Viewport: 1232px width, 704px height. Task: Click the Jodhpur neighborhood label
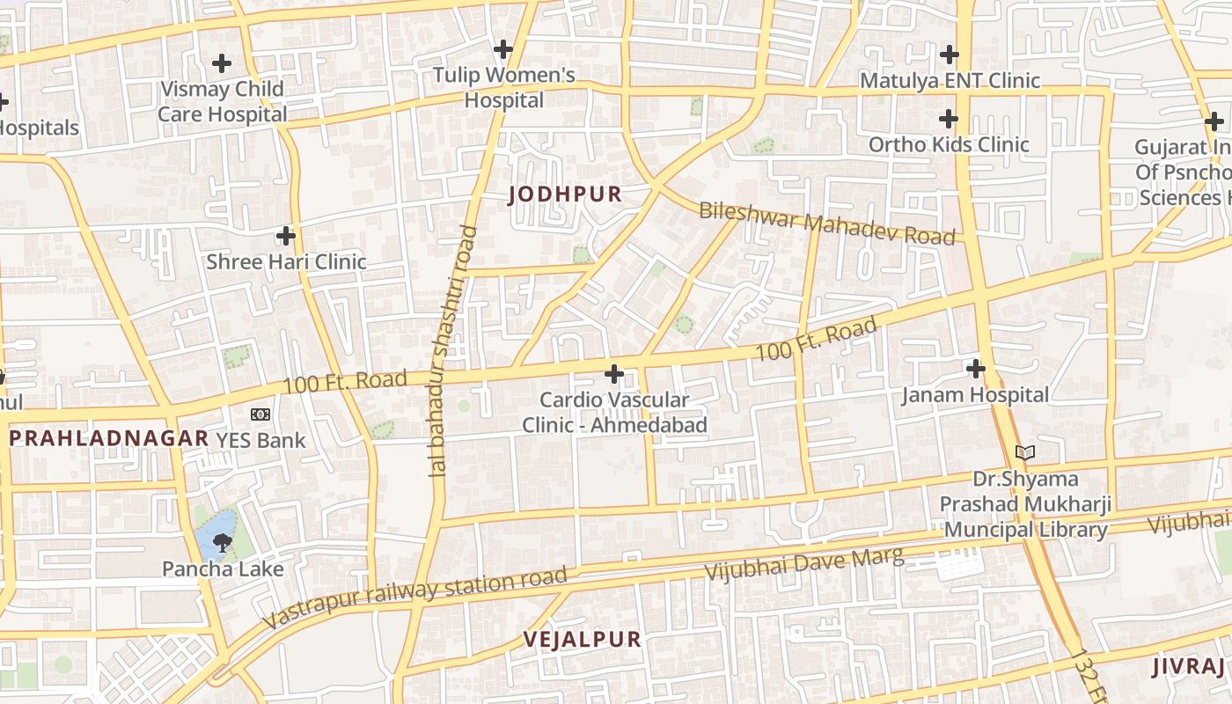(565, 194)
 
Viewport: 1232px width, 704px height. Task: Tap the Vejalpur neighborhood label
(582, 640)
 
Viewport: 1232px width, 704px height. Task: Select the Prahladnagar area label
(109, 438)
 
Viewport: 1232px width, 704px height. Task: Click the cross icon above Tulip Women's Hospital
(503, 49)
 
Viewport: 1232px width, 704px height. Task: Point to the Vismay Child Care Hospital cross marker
(222, 63)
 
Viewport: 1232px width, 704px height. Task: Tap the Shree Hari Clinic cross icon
(286, 236)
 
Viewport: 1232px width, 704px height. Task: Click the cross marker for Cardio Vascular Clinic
(614, 375)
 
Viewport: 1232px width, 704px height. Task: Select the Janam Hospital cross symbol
(975, 369)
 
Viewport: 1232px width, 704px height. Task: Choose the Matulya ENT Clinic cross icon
(949, 55)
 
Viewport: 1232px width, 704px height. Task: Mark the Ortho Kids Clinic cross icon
(948, 119)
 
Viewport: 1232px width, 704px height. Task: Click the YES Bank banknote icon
(260, 414)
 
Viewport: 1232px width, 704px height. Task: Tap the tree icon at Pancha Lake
(222, 543)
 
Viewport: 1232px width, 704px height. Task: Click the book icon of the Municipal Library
(1024, 453)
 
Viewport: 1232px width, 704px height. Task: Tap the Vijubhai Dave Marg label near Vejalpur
(803, 562)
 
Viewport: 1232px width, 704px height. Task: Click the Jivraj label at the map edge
(1188, 666)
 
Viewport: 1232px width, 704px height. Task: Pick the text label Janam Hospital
(975, 395)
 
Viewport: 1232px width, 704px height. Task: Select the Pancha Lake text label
(223, 569)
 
